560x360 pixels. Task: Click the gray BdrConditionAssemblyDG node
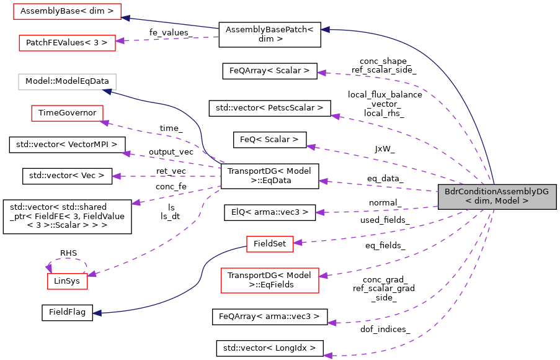point(497,196)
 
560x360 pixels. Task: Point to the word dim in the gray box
point(482,201)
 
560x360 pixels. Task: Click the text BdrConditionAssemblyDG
point(496,192)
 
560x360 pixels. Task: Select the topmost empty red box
point(67,11)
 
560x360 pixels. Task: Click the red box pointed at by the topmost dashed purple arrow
point(67,43)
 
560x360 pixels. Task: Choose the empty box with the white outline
point(67,82)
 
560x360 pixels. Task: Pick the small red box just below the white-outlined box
point(67,113)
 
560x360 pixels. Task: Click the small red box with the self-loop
point(68,281)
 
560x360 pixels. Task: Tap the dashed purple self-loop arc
point(67,259)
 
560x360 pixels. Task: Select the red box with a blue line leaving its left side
point(270,244)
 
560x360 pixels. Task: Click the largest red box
point(270,281)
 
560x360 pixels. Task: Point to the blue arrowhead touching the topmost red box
point(125,17)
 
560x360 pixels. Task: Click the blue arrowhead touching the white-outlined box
point(107,91)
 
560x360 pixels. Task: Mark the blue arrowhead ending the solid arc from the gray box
point(324,29)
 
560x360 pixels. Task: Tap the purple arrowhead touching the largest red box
point(323,275)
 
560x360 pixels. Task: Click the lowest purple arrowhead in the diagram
point(327,355)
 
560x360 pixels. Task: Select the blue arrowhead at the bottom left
point(97,313)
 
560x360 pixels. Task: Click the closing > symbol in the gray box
point(525,201)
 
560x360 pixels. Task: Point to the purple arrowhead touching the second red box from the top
point(120,40)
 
